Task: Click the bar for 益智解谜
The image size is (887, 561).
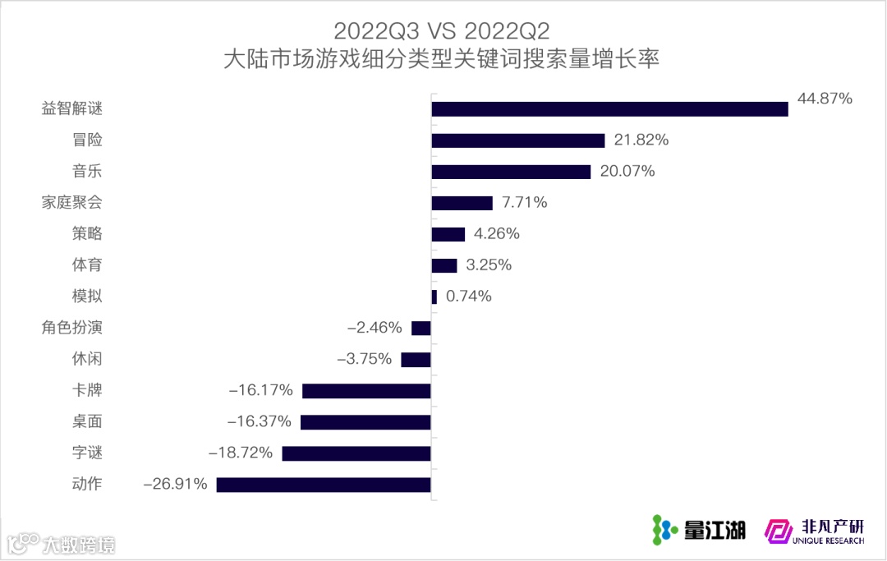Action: [609, 109]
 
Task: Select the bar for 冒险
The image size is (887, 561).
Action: [518, 140]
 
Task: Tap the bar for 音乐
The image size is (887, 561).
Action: [511, 172]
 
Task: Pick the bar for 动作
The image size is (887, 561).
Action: [324, 485]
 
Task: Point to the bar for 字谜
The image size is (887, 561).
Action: [356, 453]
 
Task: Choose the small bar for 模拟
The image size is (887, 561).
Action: [434, 297]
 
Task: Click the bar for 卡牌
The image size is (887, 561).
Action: [366, 391]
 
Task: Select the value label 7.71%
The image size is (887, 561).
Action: [524, 202]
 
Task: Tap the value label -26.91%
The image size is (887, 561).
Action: [175, 484]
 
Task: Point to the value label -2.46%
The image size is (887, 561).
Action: [375, 328]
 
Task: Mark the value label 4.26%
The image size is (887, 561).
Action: [496, 233]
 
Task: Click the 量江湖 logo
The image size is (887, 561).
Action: [698, 530]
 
